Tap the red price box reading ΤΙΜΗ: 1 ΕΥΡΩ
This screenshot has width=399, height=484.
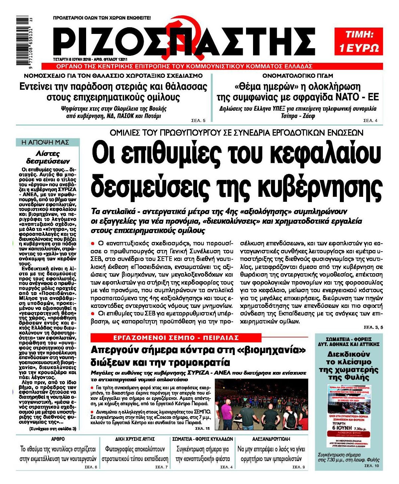[x=358, y=41]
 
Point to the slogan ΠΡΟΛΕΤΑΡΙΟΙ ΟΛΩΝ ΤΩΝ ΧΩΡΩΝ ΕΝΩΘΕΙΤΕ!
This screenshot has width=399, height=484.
[x=102, y=18]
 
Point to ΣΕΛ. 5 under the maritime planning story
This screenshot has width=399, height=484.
[x=199, y=121]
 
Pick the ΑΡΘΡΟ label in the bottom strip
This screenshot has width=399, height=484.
[x=58, y=439]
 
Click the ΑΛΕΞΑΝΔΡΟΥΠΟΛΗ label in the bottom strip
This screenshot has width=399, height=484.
[x=271, y=439]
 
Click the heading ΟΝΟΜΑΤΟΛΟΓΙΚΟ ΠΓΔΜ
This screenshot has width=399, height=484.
[x=297, y=75]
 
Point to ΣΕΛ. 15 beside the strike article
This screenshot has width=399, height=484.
[x=202, y=428]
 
